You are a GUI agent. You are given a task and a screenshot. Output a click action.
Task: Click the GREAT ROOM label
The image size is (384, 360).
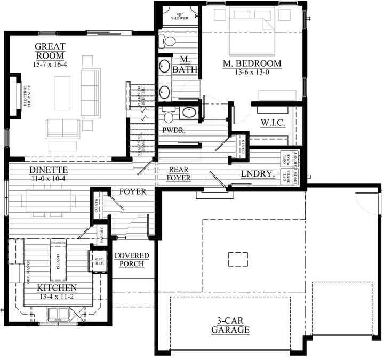[x=50, y=51]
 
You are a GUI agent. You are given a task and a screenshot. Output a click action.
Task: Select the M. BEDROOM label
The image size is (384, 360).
[x=252, y=63]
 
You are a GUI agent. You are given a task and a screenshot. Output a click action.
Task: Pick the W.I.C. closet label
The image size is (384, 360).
[x=273, y=123]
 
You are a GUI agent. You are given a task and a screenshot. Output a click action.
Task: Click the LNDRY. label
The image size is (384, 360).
[x=258, y=174]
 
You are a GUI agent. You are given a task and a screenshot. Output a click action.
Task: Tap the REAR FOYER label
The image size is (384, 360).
[x=178, y=173]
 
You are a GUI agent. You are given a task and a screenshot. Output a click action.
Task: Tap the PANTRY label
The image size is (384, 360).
[x=101, y=233]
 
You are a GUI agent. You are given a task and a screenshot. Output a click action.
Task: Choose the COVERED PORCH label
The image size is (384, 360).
[x=132, y=260]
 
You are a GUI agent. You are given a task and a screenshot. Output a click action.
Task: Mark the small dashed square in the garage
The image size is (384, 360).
[x=238, y=259]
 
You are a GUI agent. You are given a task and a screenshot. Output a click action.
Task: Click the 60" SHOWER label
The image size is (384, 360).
[x=180, y=15]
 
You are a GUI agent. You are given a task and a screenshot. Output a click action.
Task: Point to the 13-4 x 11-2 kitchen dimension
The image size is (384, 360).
[x=57, y=297]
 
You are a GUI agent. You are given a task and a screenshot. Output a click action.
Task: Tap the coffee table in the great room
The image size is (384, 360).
[x=62, y=93]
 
